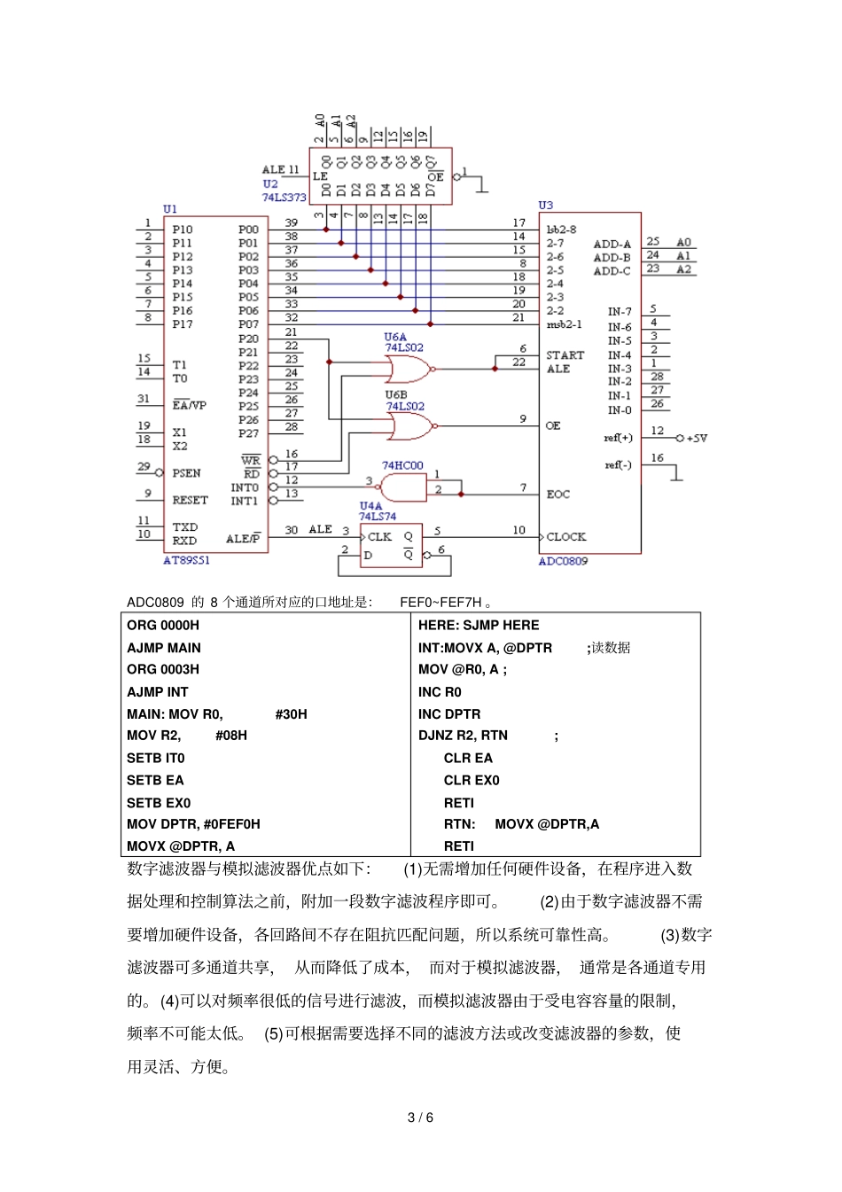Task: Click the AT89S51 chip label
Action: tap(186, 560)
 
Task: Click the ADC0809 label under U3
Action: tap(563, 561)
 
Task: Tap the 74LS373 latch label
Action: tap(284, 198)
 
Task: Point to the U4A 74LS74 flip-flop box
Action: tap(391, 545)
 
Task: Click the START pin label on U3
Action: tap(565, 355)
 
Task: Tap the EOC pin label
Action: tap(557, 495)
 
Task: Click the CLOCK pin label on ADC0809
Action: tap(565, 537)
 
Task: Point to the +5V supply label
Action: tap(697, 438)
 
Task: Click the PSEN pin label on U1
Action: tap(186, 473)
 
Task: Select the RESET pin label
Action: tap(190, 500)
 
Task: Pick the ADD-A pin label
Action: tap(612, 245)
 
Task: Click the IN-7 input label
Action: tap(620, 312)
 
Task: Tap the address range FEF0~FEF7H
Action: tap(440, 603)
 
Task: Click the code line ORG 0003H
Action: tap(163, 669)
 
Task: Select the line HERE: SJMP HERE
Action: tap(479, 625)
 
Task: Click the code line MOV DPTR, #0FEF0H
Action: tap(193, 824)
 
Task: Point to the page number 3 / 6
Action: tap(420, 1118)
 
